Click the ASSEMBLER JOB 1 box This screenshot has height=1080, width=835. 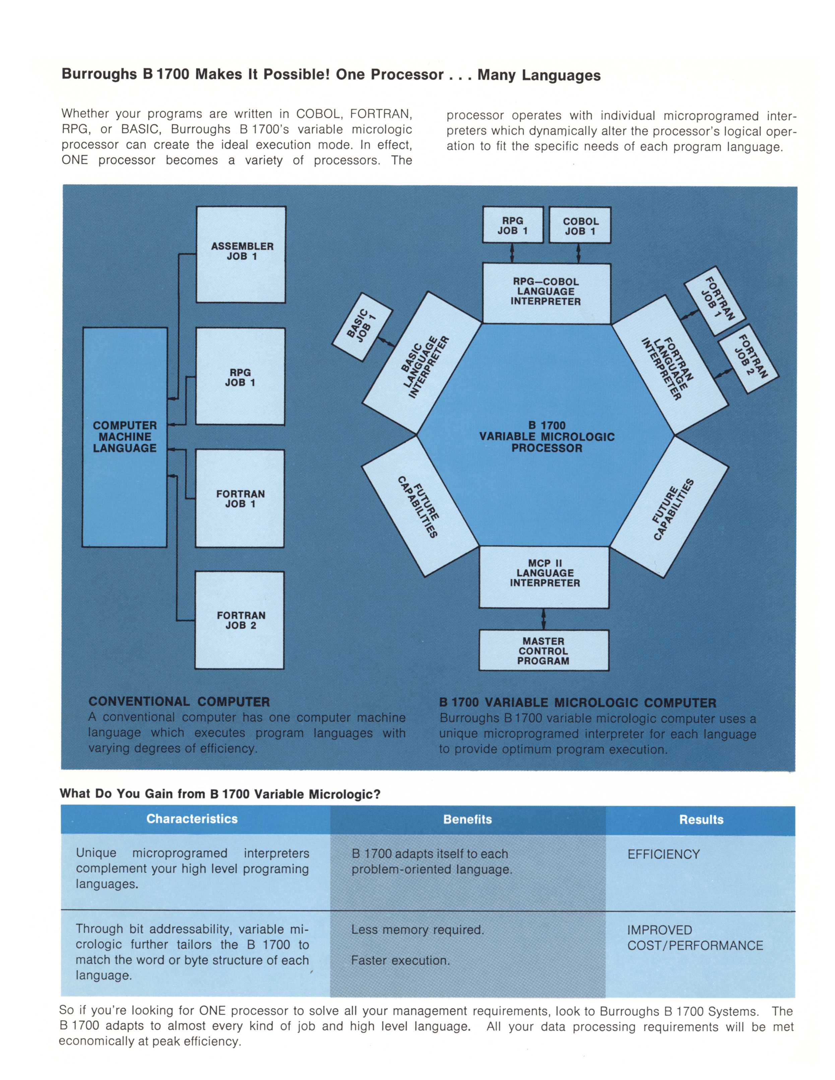coord(241,254)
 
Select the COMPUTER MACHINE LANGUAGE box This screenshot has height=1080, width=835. coord(125,437)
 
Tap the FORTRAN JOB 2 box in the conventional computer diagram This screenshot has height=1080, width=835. coord(240,620)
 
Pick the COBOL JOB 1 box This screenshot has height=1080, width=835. coord(580,226)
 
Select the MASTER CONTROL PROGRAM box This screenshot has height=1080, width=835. coord(543,650)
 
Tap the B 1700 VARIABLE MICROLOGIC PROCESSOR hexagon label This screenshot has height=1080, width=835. coord(546,437)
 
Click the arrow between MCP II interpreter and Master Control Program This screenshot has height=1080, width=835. coord(544,619)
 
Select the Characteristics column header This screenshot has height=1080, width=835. coord(192,819)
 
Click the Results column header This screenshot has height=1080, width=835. coord(701,820)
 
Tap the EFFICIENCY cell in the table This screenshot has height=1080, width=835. coord(663,854)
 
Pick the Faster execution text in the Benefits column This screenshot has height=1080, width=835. coord(400,960)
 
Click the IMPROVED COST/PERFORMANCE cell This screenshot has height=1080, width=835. coord(695,938)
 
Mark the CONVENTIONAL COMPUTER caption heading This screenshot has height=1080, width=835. coord(179,702)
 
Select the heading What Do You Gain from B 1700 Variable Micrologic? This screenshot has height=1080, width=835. coord(220,794)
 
